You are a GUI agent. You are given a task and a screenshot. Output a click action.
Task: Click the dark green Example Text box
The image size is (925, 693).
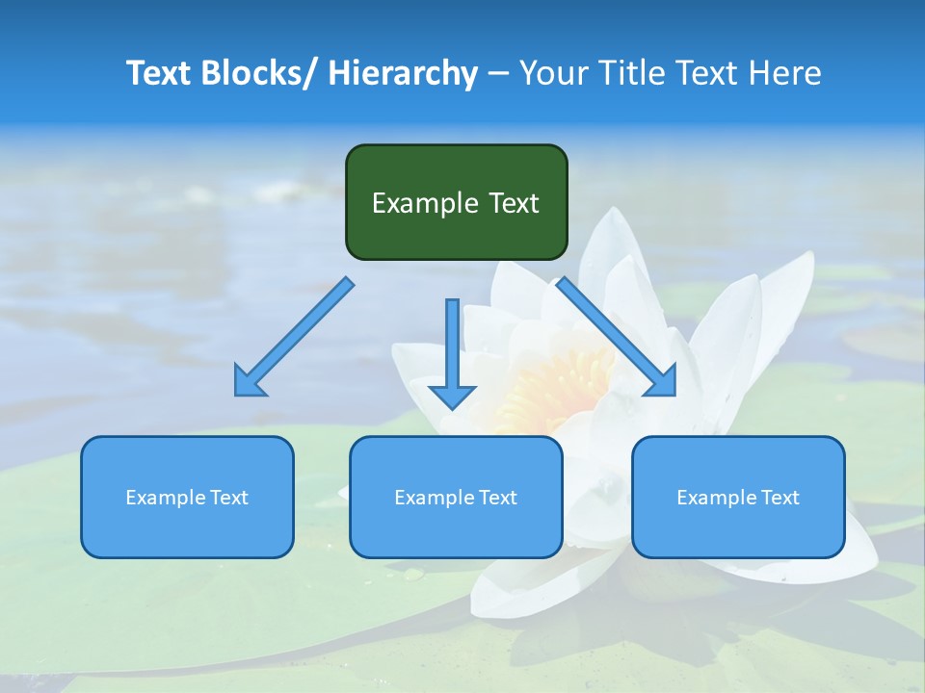click(456, 202)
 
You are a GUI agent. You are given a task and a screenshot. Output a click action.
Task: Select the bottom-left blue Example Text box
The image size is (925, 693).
click(187, 497)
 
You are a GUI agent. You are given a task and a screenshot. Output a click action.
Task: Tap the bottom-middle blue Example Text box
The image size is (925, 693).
click(456, 497)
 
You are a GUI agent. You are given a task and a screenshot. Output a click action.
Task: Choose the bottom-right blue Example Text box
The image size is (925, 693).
click(738, 497)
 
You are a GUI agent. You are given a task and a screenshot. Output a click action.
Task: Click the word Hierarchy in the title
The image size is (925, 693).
click(403, 73)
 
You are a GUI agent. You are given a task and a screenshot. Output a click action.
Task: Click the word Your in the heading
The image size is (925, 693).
click(554, 73)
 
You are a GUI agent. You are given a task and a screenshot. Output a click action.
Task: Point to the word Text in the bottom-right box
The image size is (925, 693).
click(780, 498)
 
